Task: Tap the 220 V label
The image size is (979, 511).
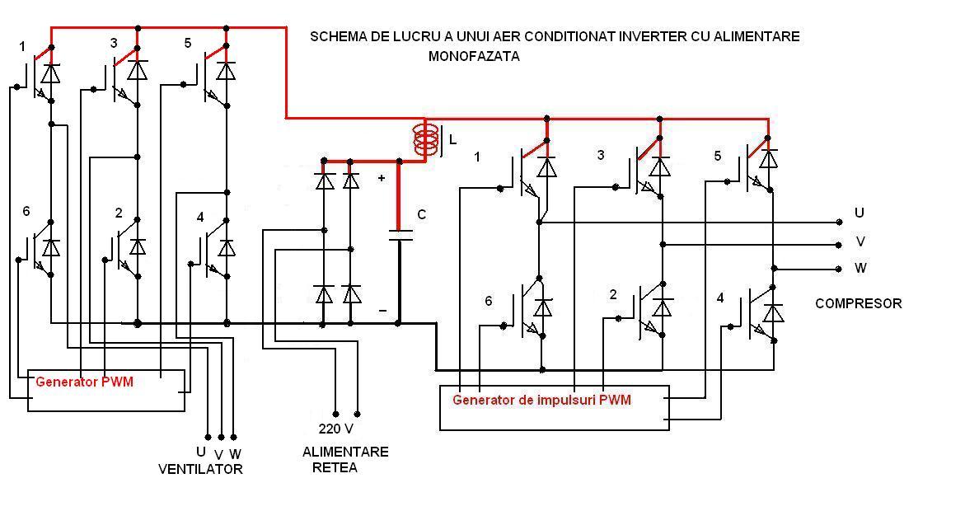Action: pos(335,429)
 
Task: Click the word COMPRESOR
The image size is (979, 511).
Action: pos(858,303)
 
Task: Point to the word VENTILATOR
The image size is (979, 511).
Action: pos(200,470)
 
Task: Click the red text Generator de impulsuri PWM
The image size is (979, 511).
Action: pos(541,401)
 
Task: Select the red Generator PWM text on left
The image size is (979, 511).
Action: pos(84,382)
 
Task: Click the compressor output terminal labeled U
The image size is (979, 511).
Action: pos(839,222)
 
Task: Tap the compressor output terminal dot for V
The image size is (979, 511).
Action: pos(839,245)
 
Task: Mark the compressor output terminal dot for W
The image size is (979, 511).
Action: pos(839,269)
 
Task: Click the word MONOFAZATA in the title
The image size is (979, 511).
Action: pos(474,57)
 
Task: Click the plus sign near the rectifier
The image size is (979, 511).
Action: pos(381,178)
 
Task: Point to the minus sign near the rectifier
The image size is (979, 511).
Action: pos(382,311)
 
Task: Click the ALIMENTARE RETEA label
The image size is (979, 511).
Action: pos(344,460)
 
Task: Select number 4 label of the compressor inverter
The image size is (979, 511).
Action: pos(720,298)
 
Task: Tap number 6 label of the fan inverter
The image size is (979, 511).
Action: pos(26,212)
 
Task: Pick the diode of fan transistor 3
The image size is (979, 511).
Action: pos(138,71)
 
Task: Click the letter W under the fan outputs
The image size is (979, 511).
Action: pos(235,453)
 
